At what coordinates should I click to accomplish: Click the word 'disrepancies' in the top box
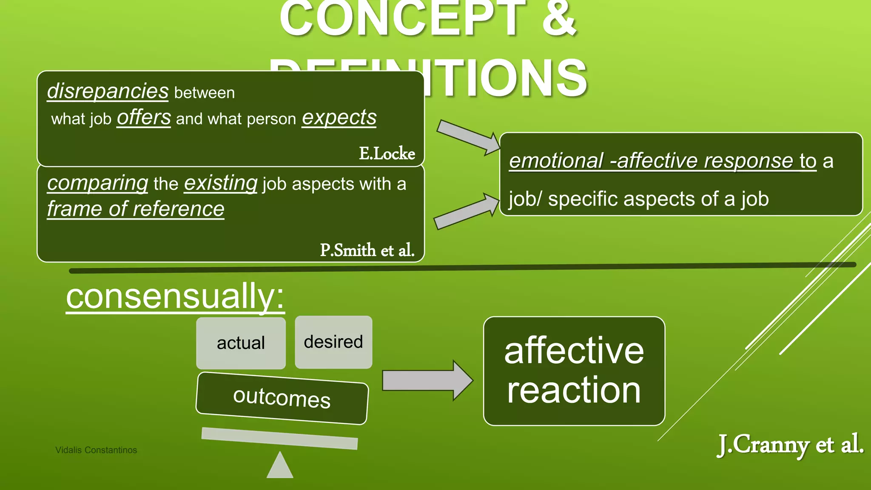(108, 91)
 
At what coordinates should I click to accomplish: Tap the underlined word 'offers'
(144, 117)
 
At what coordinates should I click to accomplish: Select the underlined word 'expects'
(339, 117)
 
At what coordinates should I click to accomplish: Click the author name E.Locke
(387, 154)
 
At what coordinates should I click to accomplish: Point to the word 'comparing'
(97, 183)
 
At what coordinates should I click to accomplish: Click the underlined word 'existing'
(220, 183)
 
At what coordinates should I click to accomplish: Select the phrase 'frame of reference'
(136, 209)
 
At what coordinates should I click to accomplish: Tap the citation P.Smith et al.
(367, 250)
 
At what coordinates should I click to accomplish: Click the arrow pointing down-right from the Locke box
(468, 137)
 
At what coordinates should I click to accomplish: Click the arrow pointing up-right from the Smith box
(466, 212)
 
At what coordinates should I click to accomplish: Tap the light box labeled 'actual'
(241, 343)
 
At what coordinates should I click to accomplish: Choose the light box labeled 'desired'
(333, 342)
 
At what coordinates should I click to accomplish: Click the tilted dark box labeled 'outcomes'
(282, 398)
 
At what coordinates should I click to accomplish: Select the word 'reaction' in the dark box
(574, 390)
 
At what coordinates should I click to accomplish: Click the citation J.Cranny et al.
(790, 445)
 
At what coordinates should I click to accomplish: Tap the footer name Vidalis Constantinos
(96, 450)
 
